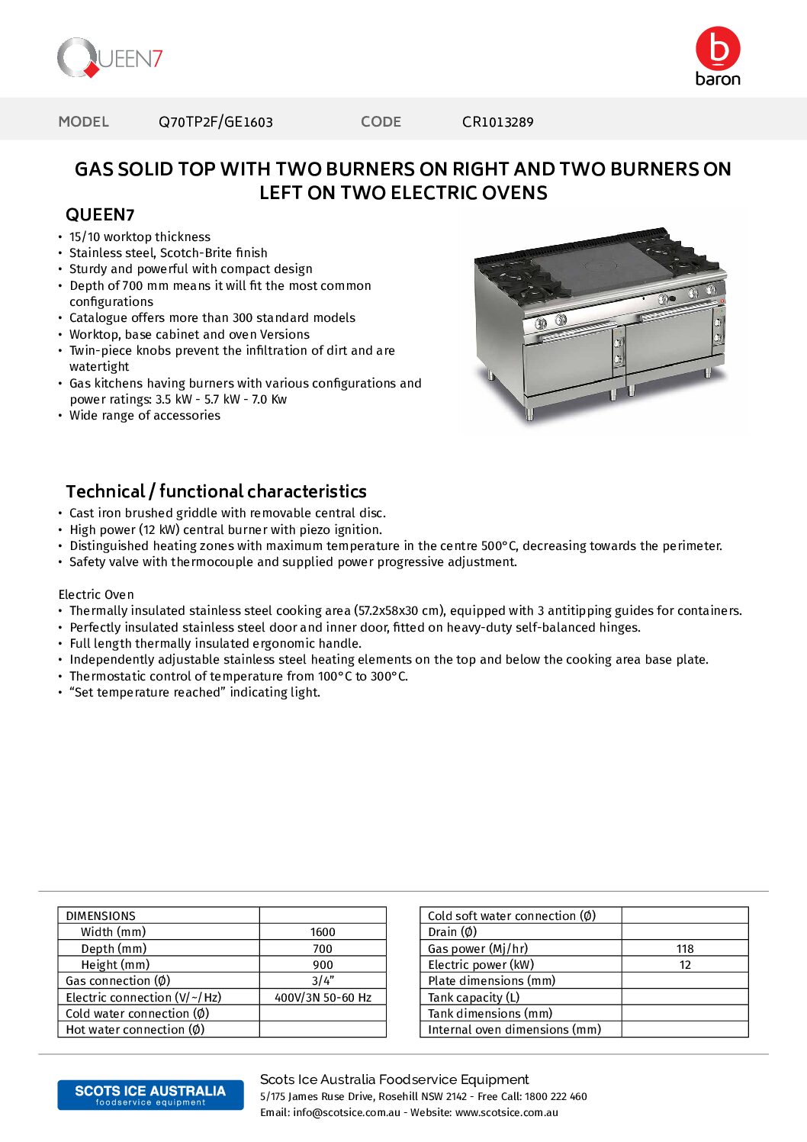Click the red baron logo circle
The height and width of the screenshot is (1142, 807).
pyautogui.click(x=718, y=49)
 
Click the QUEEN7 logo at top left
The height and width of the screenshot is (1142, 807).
pyautogui.click(x=110, y=58)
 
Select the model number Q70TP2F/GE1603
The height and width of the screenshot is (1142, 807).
pyautogui.click(x=215, y=122)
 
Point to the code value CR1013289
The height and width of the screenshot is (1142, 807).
pyautogui.click(x=497, y=122)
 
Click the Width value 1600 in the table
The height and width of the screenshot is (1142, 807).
pyautogui.click(x=323, y=932)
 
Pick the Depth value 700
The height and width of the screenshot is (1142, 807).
pyautogui.click(x=323, y=949)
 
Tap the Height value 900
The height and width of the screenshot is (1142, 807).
pyautogui.click(x=323, y=965)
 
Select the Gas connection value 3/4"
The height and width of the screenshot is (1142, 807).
pyautogui.click(x=323, y=981)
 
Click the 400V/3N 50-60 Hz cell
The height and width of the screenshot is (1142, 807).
pyautogui.click(x=323, y=998)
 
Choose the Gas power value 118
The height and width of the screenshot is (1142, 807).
pyautogui.click(x=685, y=949)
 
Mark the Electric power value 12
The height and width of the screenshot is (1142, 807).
pyautogui.click(x=685, y=965)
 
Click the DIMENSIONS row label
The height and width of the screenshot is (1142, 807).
pyautogui.click(x=101, y=916)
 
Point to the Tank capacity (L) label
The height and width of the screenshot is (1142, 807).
pyautogui.click(x=474, y=998)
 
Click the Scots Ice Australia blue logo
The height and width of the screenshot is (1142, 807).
pyautogui.click(x=150, y=1095)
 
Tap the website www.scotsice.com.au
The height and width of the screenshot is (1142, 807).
pyautogui.click(x=506, y=1113)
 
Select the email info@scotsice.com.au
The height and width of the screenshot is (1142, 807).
pyautogui.click(x=346, y=1113)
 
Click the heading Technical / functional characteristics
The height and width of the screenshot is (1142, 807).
pyautogui.click(x=216, y=491)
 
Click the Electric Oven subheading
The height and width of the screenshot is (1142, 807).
pyautogui.click(x=96, y=595)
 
